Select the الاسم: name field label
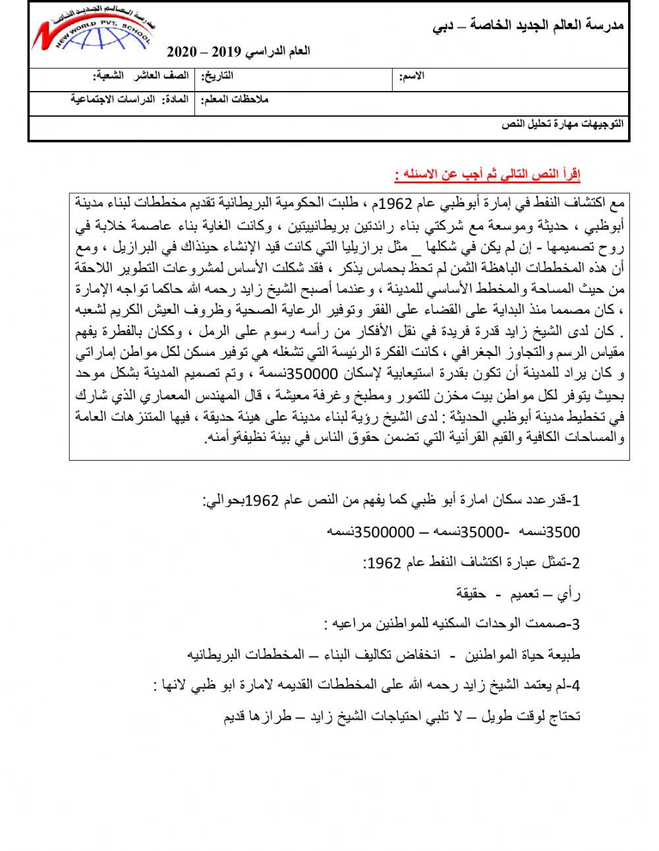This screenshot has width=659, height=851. tap(411, 77)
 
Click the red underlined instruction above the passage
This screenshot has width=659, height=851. tap(488, 175)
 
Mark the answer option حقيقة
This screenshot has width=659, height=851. tap(471, 593)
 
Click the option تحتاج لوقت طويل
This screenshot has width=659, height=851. tap(533, 716)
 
